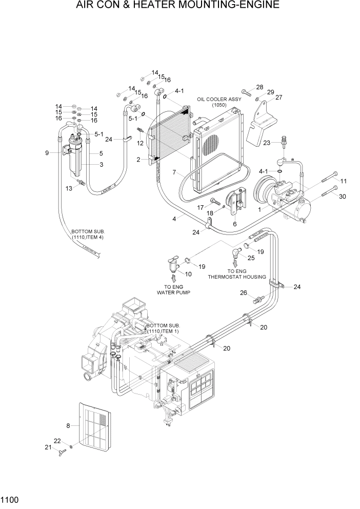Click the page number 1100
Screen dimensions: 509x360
[x=10, y=498]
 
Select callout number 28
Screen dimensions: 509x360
[x=259, y=87]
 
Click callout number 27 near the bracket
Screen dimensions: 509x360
[x=278, y=97]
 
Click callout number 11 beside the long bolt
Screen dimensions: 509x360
[x=343, y=181]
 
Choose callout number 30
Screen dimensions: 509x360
[x=343, y=196]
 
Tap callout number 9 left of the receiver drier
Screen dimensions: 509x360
[x=47, y=153]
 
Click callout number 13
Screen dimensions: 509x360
[x=70, y=189]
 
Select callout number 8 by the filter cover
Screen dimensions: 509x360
[x=68, y=425]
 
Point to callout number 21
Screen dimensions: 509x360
[x=48, y=447]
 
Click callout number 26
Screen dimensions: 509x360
[x=244, y=293]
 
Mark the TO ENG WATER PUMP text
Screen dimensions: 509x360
[x=173, y=290]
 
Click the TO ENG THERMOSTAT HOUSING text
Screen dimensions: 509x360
[x=236, y=273]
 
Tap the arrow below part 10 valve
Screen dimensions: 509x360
[x=173, y=278]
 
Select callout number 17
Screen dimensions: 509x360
[x=201, y=207]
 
